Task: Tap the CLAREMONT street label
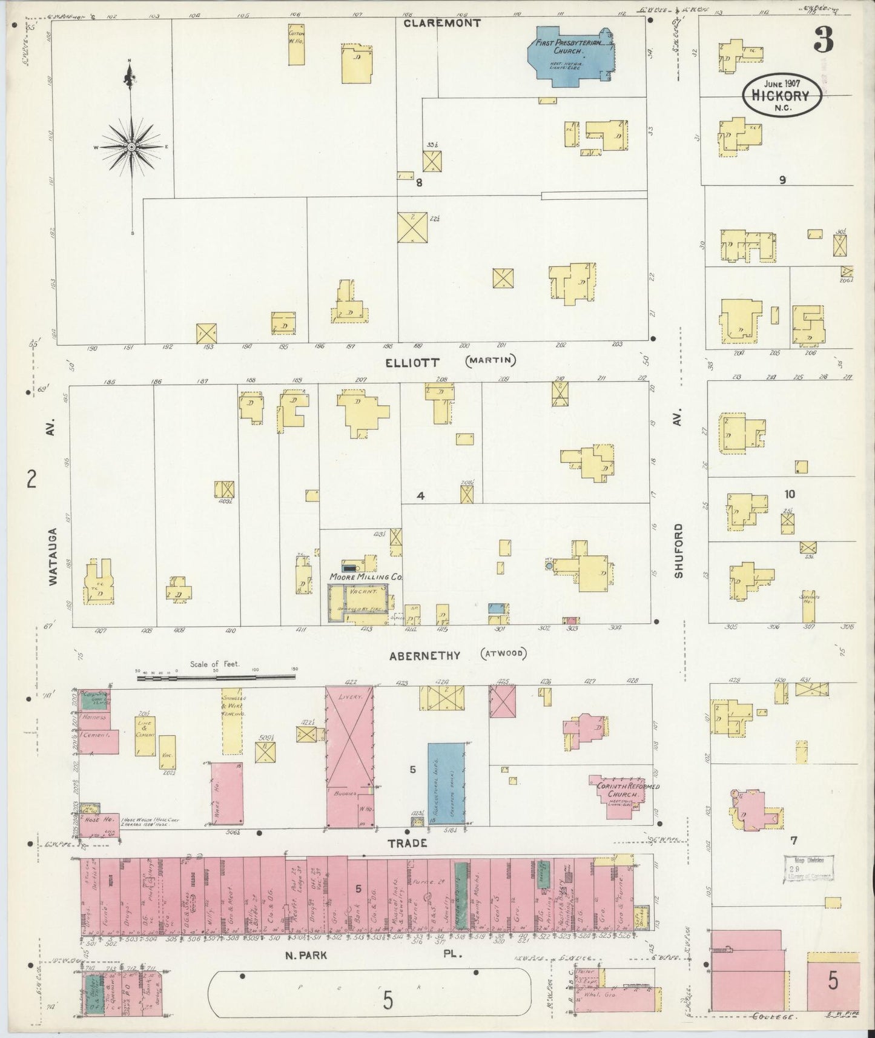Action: coord(443,23)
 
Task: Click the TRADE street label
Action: coord(417,843)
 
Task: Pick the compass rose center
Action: coord(131,147)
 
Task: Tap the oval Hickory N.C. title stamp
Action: coord(783,96)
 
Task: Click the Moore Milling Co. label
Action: coord(366,577)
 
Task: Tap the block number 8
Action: coord(418,182)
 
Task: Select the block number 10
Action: coord(790,494)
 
